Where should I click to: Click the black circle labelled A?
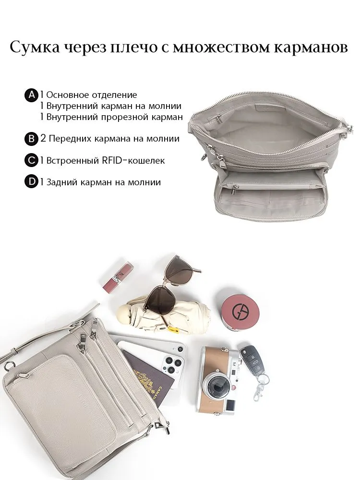click(x=31, y=95)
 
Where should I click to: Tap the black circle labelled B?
click(x=31, y=139)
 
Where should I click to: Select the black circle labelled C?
click(x=31, y=160)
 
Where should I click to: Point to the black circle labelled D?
click(x=31, y=182)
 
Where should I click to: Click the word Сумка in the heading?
click(x=35, y=48)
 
